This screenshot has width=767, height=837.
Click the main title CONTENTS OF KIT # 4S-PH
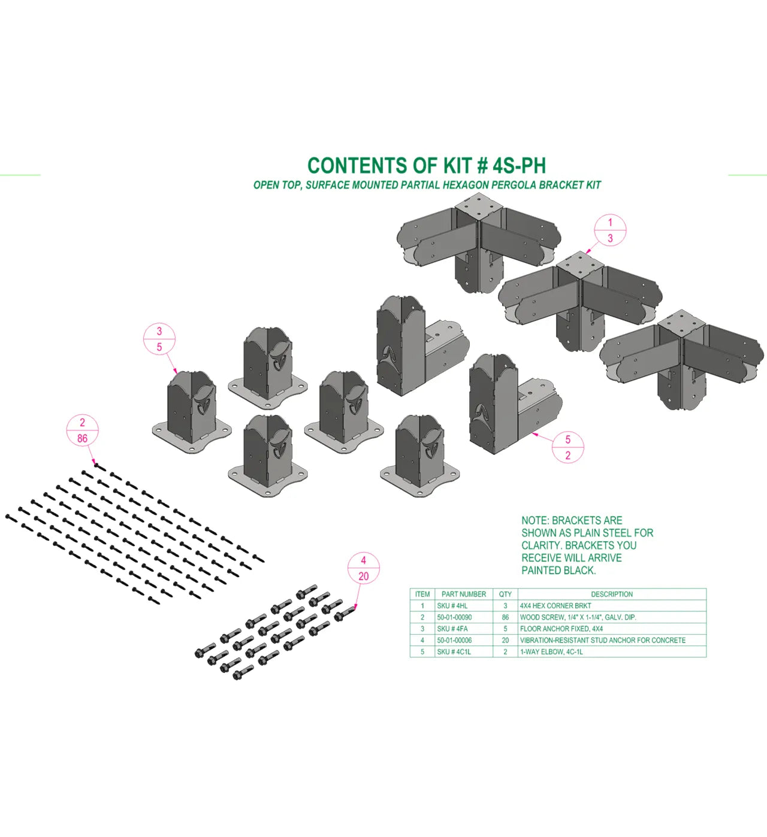(426, 165)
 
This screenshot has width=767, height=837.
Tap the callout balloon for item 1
(610, 231)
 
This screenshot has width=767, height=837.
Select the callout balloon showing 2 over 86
(82, 430)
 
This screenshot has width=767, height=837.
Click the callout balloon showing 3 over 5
(159, 339)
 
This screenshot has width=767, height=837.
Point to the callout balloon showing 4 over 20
(363, 568)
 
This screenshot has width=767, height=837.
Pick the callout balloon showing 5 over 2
(567, 447)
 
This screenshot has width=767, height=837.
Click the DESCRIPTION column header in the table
(611, 595)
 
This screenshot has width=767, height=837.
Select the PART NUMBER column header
(463, 595)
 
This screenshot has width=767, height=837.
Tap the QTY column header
(505, 595)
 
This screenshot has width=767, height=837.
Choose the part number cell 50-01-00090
(454, 617)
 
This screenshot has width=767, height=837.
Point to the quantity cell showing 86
(505, 617)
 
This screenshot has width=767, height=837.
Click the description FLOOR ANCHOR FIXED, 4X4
(561, 629)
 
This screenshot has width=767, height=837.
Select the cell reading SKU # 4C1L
(454, 652)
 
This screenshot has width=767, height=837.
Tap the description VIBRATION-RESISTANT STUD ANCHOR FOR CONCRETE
(602, 641)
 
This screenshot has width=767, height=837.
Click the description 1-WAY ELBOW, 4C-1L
(551, 652)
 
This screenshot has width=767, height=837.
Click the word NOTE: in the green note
(535, 520)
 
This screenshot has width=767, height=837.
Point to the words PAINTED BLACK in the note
(558, 571)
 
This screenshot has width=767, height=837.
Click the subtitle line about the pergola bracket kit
(427, 185)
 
